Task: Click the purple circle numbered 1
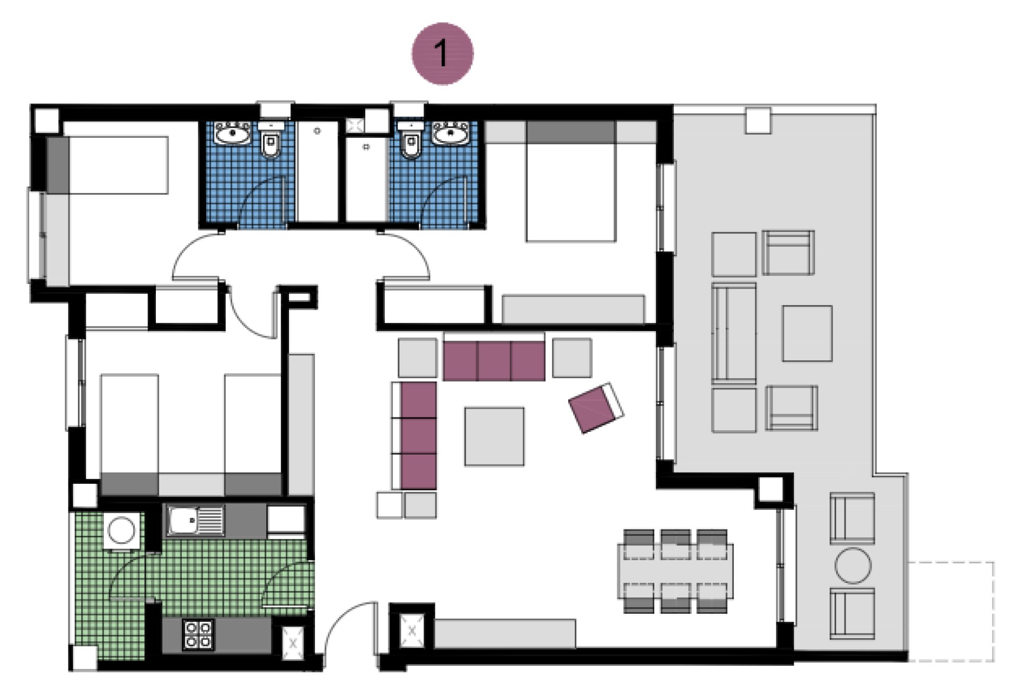point(442,53)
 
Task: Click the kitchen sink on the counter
point(195,520)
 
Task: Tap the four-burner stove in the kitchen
point(198,634)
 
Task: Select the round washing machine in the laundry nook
point(121,530)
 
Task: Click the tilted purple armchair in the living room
point(596,407)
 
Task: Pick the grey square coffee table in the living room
point(494,437)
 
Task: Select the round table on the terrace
point(853,565)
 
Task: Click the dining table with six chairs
point(675,571)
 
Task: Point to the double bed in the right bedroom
point(571,183)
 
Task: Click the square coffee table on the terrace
point(807,333)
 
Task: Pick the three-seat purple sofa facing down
point(494,361)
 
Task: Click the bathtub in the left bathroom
point(317,171)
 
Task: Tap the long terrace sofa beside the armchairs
point(734,333)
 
